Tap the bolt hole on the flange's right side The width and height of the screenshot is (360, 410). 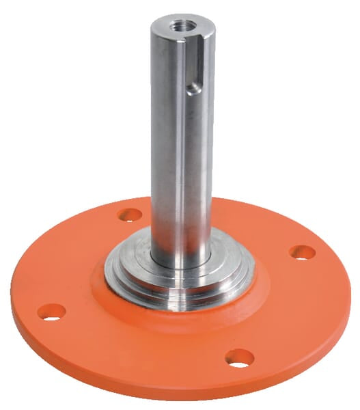click(x=302, y=252)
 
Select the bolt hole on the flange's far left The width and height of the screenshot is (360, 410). click(x=51, y=312)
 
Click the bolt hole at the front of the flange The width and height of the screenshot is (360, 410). click(x=239, y=357)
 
